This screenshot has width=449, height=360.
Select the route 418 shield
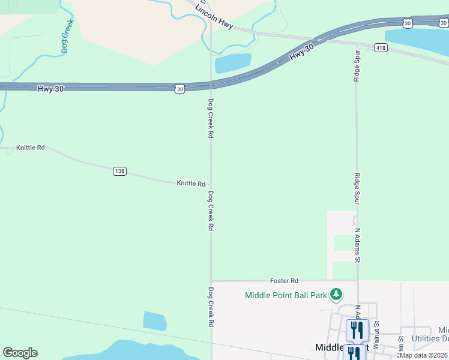(x=381, y=47)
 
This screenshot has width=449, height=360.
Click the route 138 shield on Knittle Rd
(x=119, y=171)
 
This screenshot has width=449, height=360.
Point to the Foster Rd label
(x=284, y=280)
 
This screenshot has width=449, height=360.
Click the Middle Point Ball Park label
(x=286, y=295)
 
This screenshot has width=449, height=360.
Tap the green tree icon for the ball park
(x=337, y=294)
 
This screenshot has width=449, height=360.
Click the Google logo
(x=20, y=353)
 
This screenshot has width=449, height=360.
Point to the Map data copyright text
(x=424, y=355)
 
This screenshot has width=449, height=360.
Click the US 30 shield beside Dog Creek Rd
(x=180, y=89)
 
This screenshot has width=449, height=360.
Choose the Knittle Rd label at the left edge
(x=31, y=147)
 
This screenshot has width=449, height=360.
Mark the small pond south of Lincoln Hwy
(x=233, y=62)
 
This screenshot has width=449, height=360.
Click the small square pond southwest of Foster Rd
(x=155, y=320)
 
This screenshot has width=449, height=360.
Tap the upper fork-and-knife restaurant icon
(x=357, y=329)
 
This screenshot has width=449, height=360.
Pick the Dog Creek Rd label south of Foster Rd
(x=211, y=307)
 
